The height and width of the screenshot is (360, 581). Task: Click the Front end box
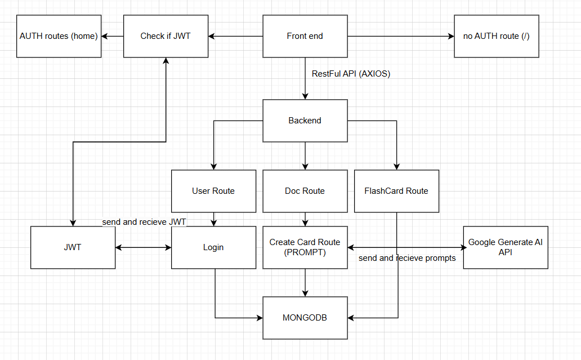point(305,36)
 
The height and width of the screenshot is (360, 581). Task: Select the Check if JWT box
point(166,36)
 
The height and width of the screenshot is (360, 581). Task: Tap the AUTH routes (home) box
point(59,36)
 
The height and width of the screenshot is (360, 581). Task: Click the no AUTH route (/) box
point(496,36)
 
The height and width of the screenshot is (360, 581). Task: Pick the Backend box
point(305,121)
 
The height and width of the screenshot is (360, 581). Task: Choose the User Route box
point(213,191)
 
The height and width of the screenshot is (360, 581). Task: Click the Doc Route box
point(305,191)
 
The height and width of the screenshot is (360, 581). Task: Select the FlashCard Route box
point(396,191)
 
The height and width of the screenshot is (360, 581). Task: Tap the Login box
point(213,247)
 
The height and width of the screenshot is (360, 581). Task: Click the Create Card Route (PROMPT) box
point(305,247)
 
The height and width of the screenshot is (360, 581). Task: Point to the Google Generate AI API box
point(505,247)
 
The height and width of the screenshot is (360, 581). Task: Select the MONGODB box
point(305,318)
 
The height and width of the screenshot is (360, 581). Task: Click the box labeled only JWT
point(73,247)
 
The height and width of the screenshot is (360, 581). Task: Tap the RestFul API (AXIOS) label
point(351,73)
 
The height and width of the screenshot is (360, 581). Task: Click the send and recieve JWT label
point(144,222)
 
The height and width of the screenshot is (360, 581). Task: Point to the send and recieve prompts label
point(407,258)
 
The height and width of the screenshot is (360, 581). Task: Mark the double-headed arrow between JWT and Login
point(143,247)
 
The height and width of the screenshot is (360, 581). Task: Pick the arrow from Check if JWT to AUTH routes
point(113,36)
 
